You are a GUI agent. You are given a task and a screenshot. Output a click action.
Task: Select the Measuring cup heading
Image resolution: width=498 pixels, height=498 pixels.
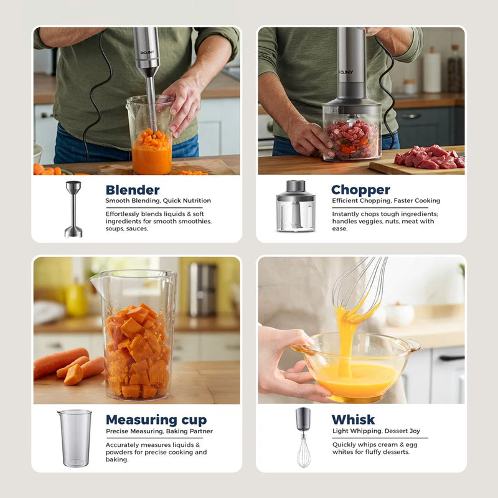(156, 420)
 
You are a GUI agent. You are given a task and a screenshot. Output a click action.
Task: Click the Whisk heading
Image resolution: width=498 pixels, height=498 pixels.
(353, 420)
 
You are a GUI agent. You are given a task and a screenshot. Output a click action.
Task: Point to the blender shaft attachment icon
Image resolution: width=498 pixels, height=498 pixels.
(73, 209)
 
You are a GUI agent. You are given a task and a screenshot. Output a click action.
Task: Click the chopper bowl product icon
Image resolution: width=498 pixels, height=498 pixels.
(296, 206)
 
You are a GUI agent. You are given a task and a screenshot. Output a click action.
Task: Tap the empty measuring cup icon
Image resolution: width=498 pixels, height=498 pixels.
(75, 438)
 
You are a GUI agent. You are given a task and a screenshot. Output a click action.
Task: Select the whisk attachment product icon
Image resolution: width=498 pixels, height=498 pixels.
(303, 437)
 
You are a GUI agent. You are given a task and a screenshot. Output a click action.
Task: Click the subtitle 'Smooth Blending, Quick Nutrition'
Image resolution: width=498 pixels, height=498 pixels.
(158, 201)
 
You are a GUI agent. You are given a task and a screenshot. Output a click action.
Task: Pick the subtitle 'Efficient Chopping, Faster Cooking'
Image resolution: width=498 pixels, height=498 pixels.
(386, 201)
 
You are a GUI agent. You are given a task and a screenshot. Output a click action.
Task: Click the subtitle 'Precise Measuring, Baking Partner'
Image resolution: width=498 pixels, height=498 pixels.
(159, 431)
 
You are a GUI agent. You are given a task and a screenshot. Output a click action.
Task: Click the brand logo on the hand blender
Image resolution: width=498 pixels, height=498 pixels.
(148, 53)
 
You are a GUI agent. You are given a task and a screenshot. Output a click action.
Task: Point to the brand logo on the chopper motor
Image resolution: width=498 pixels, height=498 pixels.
(346, 72)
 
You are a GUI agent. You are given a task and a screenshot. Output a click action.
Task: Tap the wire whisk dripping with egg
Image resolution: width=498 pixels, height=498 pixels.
(360, 286)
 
